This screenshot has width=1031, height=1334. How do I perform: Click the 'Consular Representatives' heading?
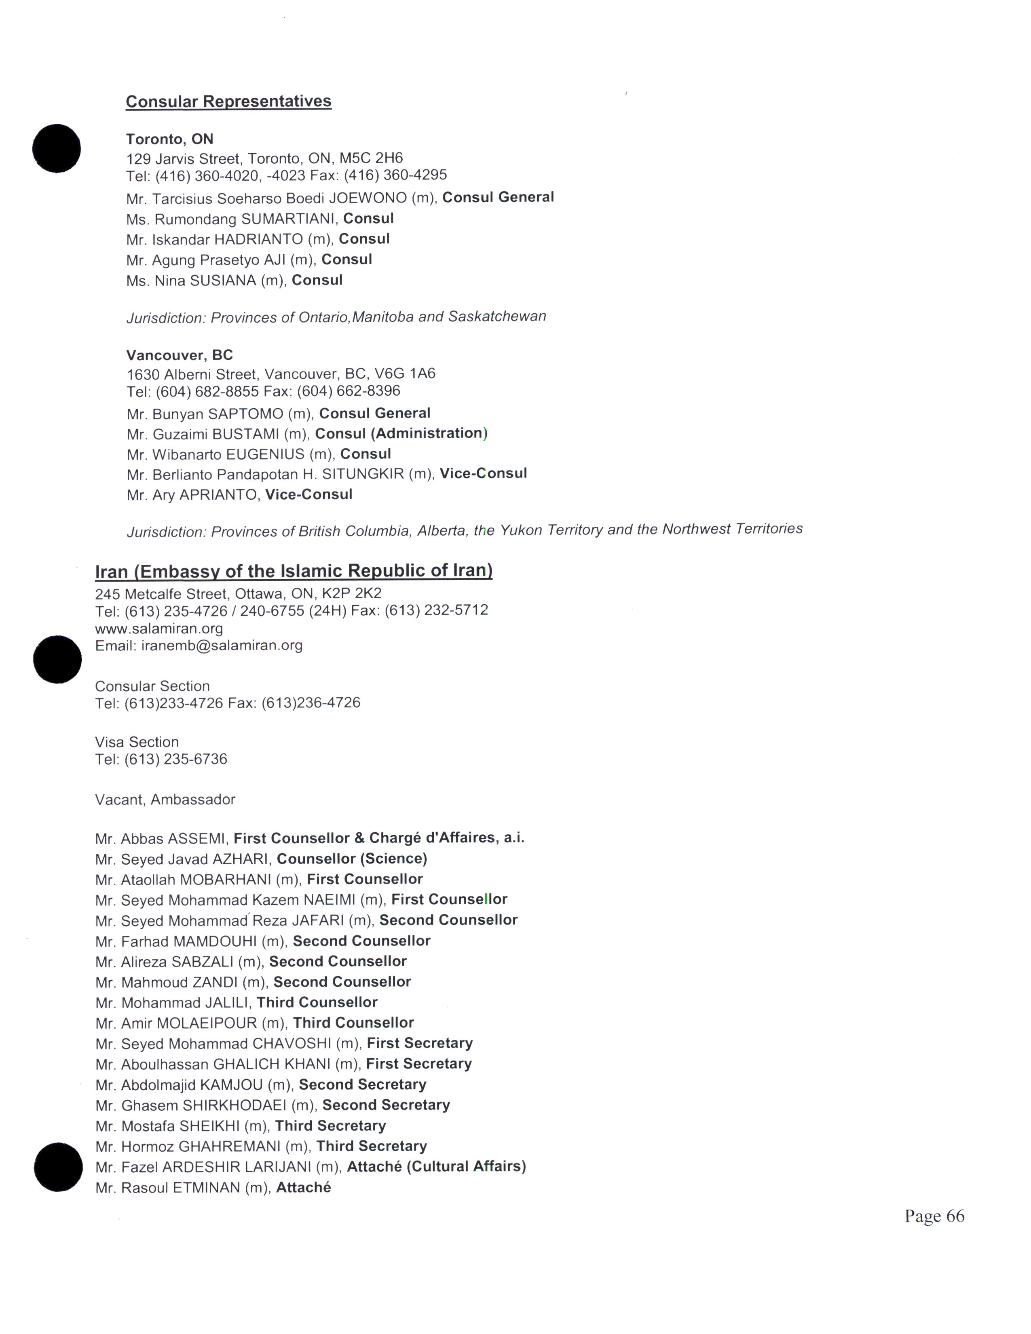[228, 101]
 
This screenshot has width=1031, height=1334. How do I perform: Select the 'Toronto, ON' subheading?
[169, 139]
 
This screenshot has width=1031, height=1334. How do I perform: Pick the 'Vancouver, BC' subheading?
[180, 355]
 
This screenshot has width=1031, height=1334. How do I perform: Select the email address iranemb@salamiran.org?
[222, 645]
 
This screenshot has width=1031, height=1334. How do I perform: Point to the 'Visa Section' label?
[137, 742]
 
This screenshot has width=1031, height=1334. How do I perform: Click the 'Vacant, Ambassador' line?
[165, 800]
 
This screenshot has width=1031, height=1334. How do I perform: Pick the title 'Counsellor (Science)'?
[352, 859]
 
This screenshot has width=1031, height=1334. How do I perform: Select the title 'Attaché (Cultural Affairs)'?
[436, 1167]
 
